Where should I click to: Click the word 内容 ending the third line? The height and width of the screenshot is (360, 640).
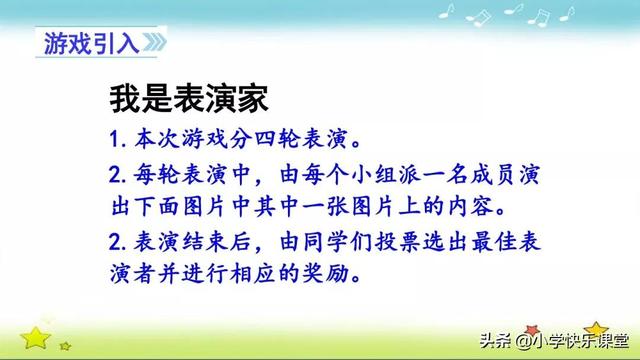pyautogui.click(x=488, y=205)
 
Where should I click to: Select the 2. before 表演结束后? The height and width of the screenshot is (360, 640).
pyautogui.click(x=120, y=240)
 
